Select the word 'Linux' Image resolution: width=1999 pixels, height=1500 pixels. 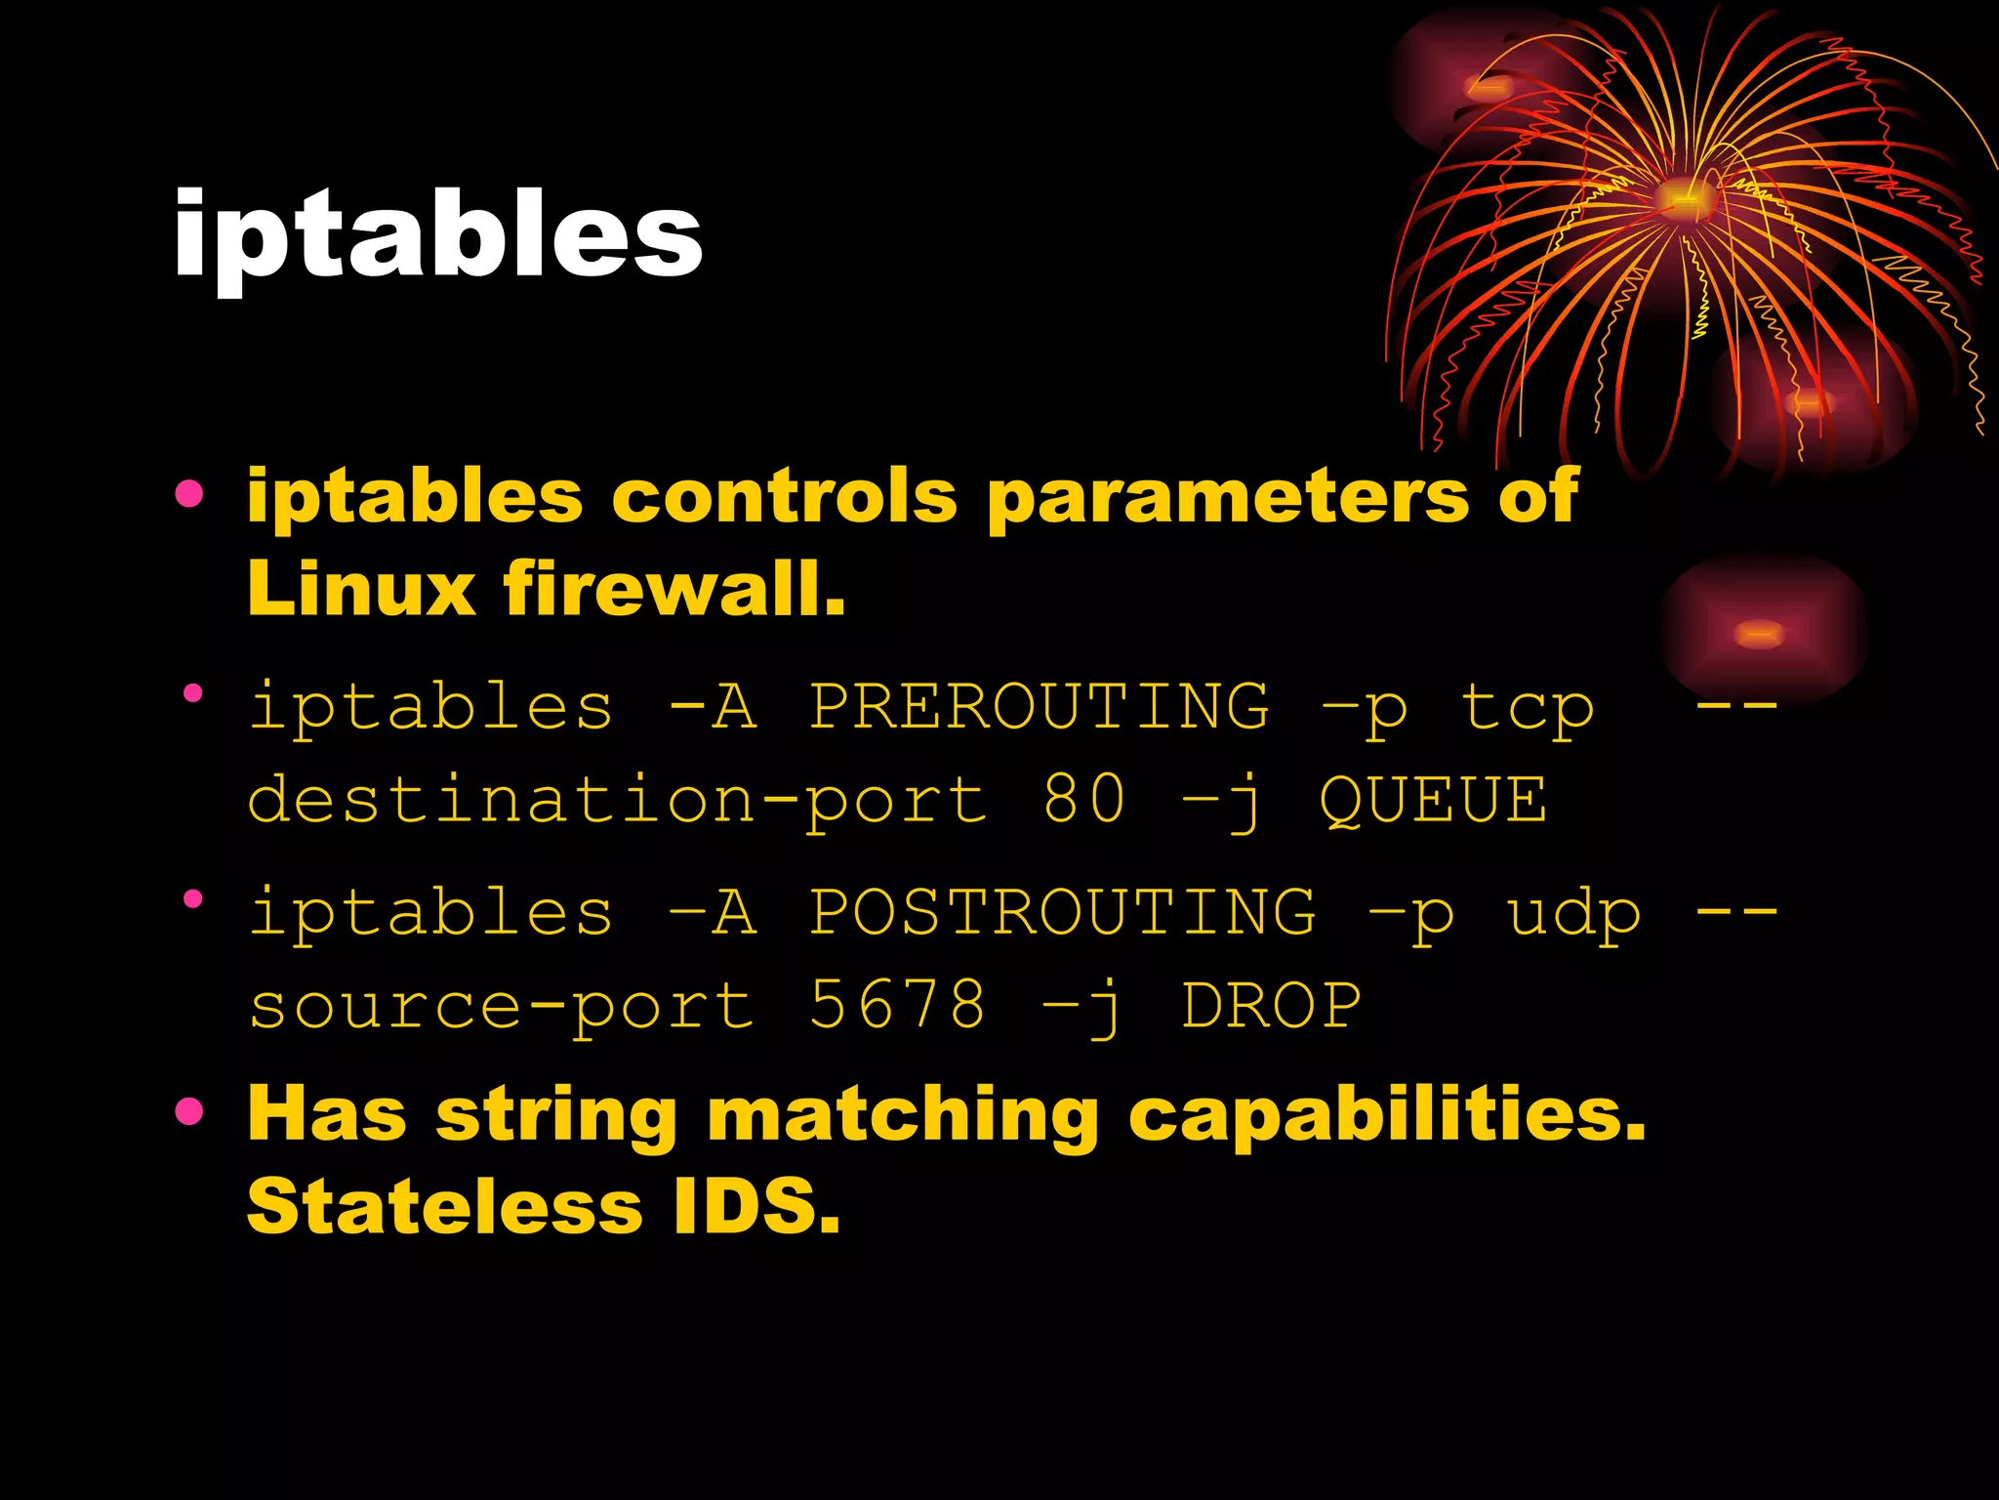pos(361,589)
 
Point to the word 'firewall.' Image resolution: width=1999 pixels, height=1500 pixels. pos(673,589)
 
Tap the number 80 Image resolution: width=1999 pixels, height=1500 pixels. pos(1083,799)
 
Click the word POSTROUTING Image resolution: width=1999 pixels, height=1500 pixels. pos(1062,911)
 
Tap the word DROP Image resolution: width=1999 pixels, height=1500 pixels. pos(1271,1006)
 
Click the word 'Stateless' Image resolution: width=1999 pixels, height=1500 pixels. pos(445,1206)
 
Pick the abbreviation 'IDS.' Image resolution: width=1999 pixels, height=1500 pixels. pos(756,1206)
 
